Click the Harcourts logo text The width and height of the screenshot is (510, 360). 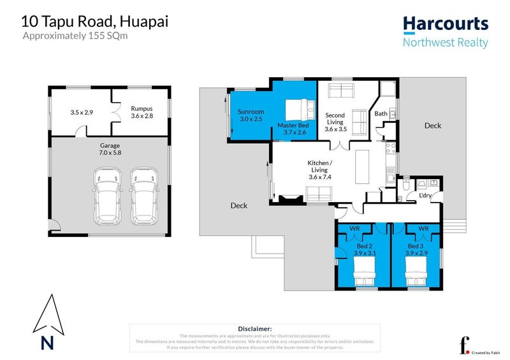point(446,25)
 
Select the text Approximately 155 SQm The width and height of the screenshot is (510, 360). point(75,36)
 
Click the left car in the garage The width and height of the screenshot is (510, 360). point(106,196)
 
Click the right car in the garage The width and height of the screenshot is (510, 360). point(143,196)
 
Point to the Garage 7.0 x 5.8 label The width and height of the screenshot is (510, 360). point(110,149)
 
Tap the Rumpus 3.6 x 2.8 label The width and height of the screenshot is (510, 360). point(142,112)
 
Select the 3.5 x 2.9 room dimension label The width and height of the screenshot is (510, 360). point(82,113)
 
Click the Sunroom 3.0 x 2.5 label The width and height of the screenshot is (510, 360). point(251,115)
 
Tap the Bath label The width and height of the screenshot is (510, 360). point(381,114)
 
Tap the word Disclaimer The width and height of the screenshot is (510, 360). point(254,328)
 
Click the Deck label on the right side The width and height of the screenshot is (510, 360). point(432,126)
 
